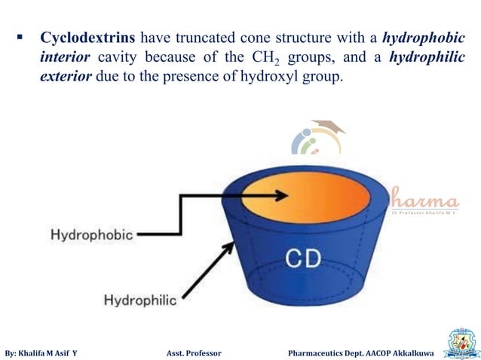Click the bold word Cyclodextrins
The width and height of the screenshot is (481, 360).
tap(88, 38)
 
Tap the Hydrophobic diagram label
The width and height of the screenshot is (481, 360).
tap(91, 234)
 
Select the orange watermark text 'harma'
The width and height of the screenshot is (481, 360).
tap(424, 201)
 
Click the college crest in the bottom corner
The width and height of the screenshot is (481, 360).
tap(462, 343)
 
